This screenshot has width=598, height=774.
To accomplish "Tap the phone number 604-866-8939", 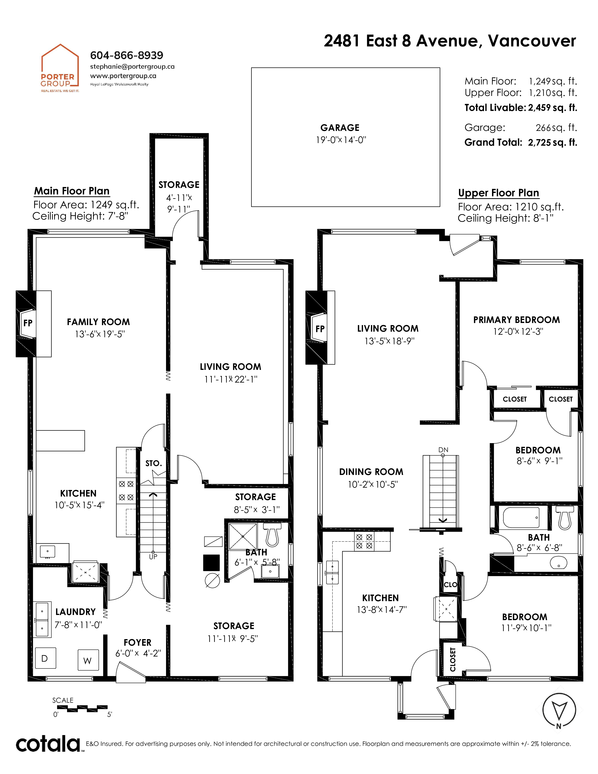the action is click(x=126, y=55).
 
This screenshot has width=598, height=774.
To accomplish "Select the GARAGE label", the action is click(x=340, y=128).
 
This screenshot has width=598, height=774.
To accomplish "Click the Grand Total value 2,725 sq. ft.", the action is click(x=552, y=142).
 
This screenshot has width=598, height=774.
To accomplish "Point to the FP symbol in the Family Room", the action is click(x=28, y=323).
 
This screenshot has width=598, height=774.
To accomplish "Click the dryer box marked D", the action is click(x=45, y=658).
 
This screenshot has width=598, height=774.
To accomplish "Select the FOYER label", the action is click(x=137, y=642).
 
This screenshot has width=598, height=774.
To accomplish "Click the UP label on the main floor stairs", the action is click(x=153, y=557).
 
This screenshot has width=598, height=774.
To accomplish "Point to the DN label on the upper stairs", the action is click(x=443, y=450).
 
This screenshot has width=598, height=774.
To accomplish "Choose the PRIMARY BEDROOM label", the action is click(x=517, y=320).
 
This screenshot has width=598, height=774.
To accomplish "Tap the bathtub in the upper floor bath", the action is click(x=521, y=517).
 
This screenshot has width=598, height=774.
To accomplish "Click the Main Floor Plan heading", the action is click(x=72, y=191).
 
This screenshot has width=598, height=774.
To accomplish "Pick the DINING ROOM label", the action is click(x=371, y=472).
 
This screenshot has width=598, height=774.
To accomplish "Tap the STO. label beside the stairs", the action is click(x=153, y=463).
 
